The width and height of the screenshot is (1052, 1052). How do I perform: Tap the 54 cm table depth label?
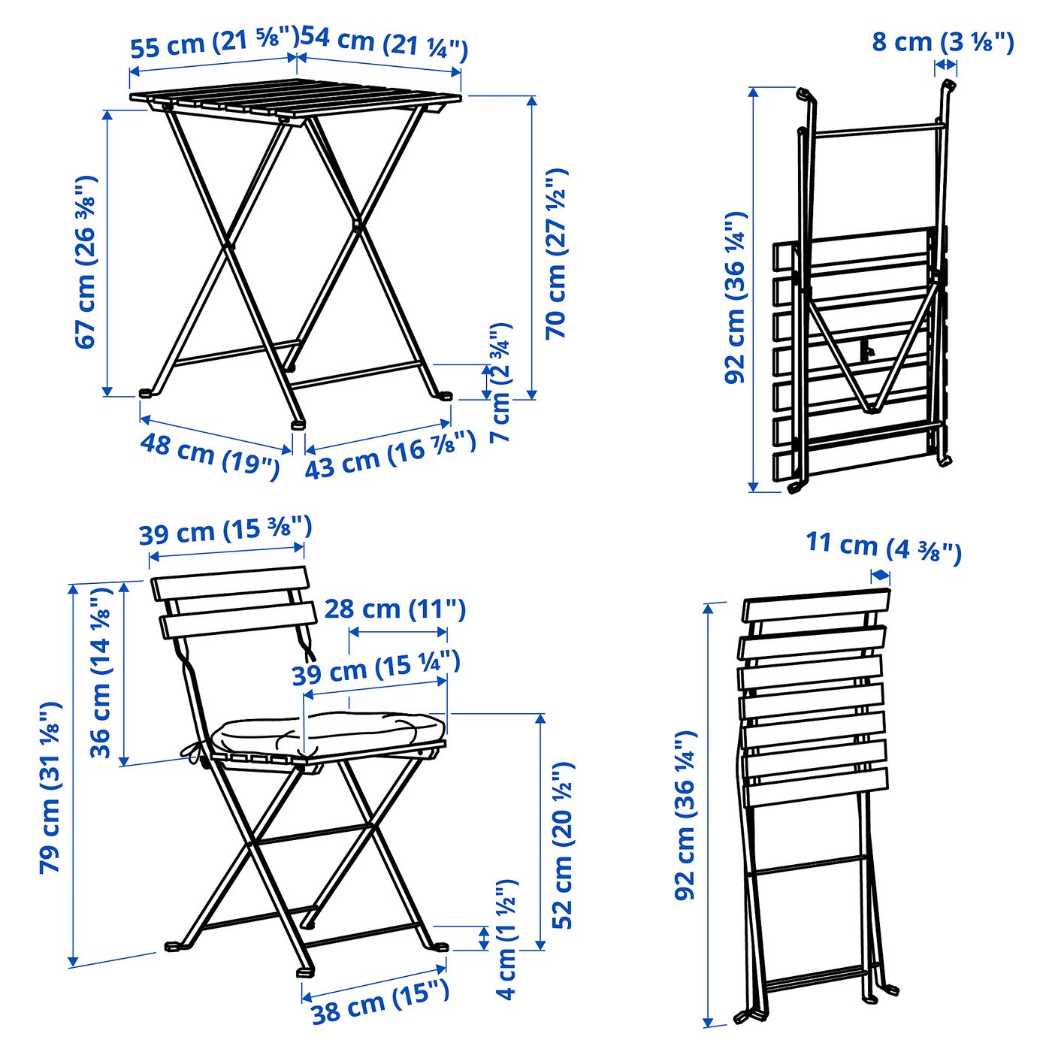point(384,43)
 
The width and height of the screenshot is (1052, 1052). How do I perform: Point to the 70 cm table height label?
point(557,254)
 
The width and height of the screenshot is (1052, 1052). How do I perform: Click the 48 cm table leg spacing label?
point(210,455)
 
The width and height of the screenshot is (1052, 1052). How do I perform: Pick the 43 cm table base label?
point(390,455)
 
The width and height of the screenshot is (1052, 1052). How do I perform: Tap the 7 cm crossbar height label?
point(500,383)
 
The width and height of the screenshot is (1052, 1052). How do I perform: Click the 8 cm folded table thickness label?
point(943,42)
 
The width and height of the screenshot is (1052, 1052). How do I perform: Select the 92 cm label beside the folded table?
point(736,298)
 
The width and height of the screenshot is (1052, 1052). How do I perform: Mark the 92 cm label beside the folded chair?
point(685,815)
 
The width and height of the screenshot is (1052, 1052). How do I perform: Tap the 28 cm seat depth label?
point(394,609)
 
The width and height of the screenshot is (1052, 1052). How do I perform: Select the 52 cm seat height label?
point(563,845)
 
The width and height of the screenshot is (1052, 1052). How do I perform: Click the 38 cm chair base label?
point(380,1002)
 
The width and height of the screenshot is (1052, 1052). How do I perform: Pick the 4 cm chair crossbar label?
point(507,939)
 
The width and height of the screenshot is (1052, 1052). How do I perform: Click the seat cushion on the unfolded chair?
point(331,731)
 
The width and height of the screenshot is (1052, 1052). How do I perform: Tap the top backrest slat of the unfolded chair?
point(230,582)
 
